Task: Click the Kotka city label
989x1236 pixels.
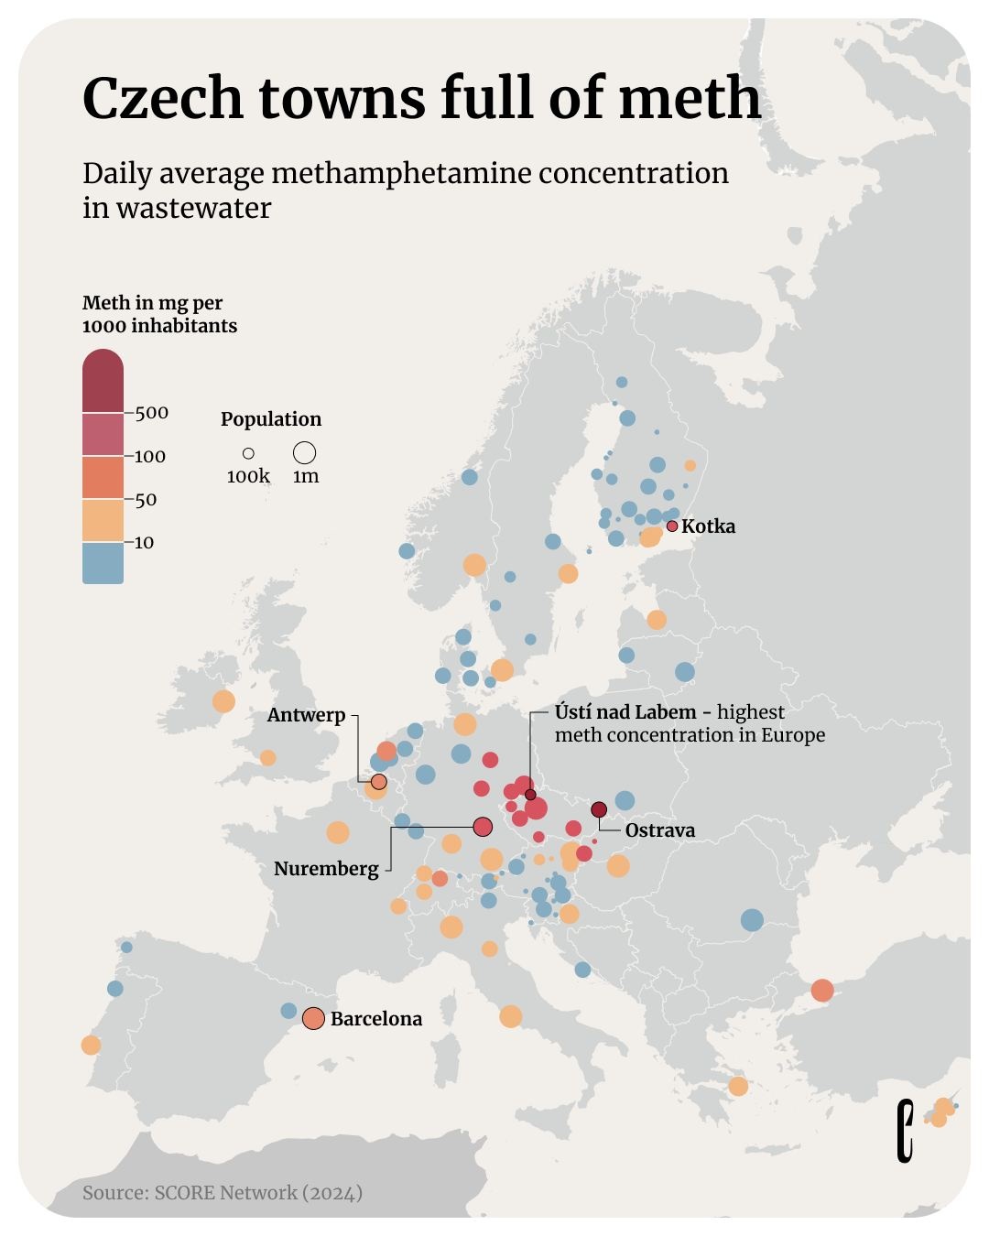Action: coord(708,526)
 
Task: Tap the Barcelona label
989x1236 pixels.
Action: coord(375,1019)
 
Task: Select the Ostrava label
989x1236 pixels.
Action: coord(659,830)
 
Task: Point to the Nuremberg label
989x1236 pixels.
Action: coord(326,869)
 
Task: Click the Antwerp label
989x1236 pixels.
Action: coord(306,715)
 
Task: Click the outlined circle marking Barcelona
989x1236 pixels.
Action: coord(313,1018)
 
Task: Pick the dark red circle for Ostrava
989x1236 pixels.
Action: coord(599,809)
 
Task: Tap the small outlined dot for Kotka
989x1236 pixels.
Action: coord(672,526)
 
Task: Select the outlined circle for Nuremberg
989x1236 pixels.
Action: coord(483,827)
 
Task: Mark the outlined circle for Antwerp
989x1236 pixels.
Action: coord(378,782)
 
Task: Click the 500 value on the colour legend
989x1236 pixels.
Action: coord(152,413)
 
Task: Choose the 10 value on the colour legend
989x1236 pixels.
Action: coord(145,543)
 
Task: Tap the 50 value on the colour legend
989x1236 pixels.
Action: coord(146,500)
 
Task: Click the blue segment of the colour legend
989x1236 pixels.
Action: coord(103,563)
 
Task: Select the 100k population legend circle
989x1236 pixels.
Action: coord(248,453)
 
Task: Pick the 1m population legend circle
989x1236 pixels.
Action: coord(305,452)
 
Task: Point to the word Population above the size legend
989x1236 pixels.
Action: coord(271,419)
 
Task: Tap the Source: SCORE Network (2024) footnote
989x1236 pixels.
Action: coord(223,1192)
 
